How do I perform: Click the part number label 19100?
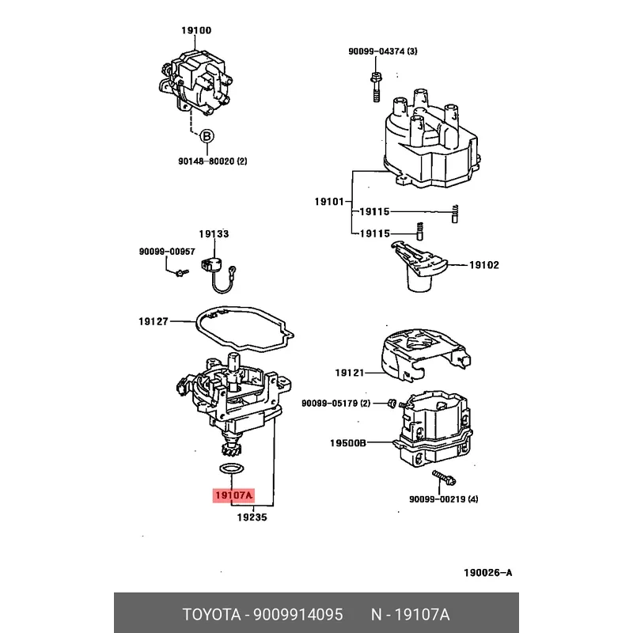196,30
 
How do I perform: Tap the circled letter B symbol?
206,136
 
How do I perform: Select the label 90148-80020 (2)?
211,161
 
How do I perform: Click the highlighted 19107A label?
233,496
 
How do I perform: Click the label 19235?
252,517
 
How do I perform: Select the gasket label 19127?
154,321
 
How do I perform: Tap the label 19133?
214,234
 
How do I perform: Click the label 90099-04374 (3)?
383,51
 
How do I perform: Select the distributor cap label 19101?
328,202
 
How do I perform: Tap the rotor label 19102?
484,265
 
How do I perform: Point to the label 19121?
348,372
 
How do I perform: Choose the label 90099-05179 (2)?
336,404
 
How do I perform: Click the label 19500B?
348,443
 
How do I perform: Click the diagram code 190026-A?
488,572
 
